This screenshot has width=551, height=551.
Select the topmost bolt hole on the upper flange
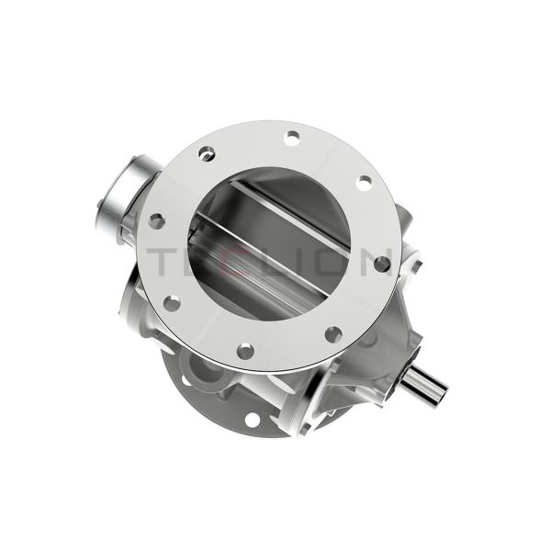click(x=292, y=137)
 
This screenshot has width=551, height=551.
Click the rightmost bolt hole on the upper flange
click(x=381, y=264)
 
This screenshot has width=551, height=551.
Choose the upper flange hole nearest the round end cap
click(x=208, y=153)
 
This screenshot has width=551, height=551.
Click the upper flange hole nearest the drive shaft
click(x=333, y=333)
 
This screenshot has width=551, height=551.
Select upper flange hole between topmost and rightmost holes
click(x=364, y=183)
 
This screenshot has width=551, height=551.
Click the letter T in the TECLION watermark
click(x=165, y=262)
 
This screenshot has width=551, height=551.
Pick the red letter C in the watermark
click(x=238, y=262)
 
